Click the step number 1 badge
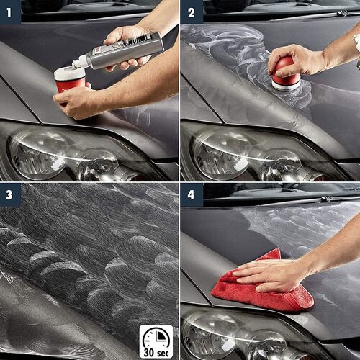coord(10,12)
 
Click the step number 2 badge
coord(191,12)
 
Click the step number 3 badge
coord(10,194)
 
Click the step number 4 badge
coord(191,194)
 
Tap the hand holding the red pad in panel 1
coord(79,101)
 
